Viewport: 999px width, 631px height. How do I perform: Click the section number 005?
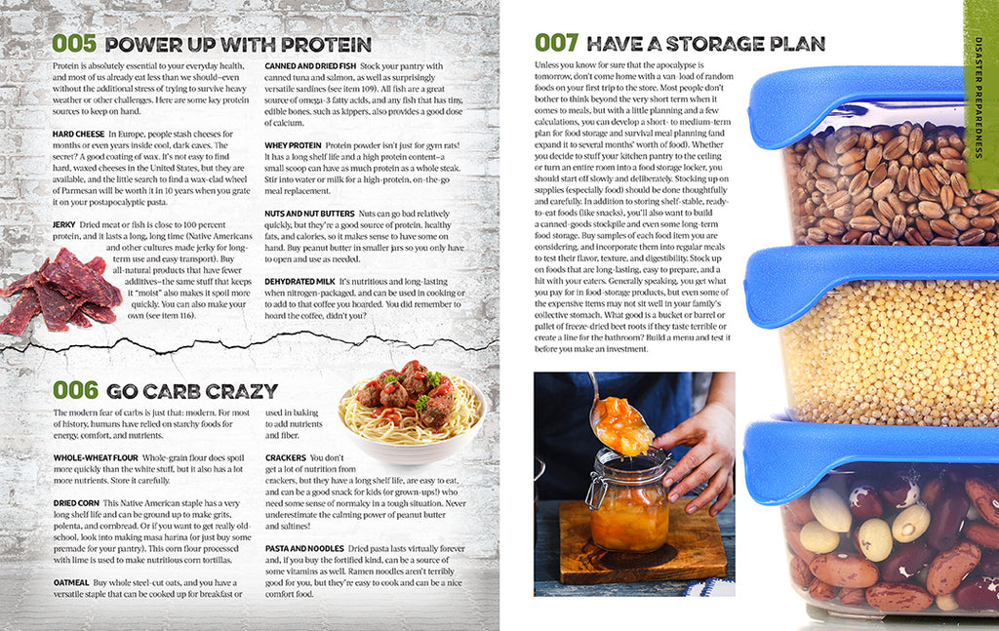point(74,44)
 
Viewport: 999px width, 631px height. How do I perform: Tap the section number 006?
point(74,390)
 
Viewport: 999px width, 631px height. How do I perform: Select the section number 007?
point(557,43)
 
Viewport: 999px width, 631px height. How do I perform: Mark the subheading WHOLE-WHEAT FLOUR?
point(96,457)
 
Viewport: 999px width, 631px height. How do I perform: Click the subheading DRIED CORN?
point(76,503)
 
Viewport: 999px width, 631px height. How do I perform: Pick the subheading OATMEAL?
point(70,582)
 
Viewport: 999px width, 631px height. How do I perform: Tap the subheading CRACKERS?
point(286,457)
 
